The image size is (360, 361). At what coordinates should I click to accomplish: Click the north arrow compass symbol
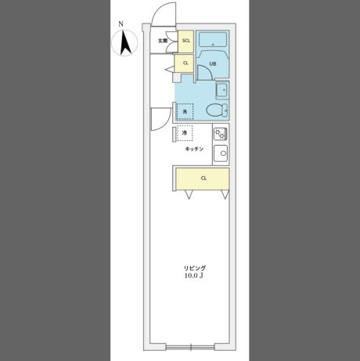pos(124,43)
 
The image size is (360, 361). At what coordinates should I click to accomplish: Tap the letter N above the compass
pos(121,24)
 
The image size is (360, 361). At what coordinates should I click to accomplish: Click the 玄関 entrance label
pos(163,41)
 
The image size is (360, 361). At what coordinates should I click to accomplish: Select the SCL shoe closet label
pos(186,41)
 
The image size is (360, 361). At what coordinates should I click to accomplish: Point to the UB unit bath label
pos(213,63)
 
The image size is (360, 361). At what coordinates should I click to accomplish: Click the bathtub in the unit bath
pos(213,40)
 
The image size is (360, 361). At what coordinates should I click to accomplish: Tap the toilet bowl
pos(217,110)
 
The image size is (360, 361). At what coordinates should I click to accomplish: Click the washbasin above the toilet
pos(222,90)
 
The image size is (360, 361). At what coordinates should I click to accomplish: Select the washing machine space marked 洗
pos(185,112)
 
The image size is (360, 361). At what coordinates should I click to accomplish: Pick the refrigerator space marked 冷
pos(185,133)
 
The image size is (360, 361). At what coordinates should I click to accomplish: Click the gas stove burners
pos(221,134)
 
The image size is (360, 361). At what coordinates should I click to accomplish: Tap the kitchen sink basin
pos(221,153)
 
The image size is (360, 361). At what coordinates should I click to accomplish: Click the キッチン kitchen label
pos(194,149)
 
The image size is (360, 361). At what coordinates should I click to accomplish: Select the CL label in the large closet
pos(203,179)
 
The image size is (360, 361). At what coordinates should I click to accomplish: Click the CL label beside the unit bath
pos(185,63)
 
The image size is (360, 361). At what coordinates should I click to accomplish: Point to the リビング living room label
pos(195,268)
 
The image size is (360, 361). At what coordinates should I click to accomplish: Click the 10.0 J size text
pos(194,276)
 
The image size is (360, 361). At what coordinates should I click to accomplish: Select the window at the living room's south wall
pos(191,348)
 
